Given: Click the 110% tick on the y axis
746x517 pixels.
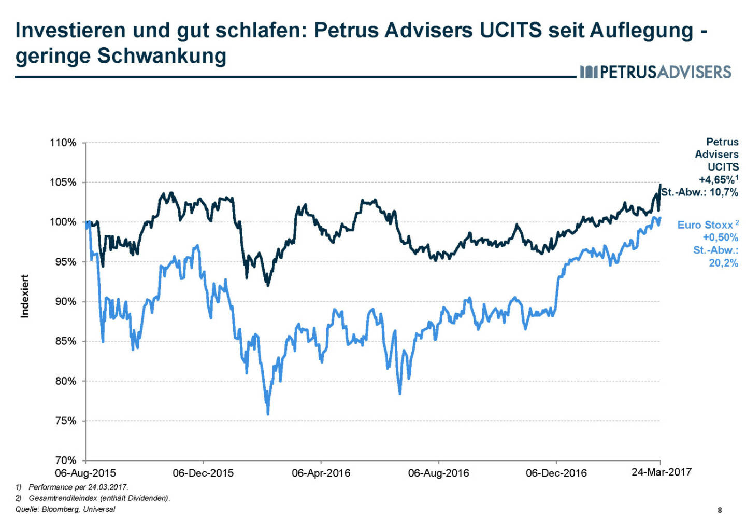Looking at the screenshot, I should [63, 143].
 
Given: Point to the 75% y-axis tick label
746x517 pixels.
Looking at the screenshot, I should [65, 421].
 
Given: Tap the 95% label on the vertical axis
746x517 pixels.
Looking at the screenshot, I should [65, 262].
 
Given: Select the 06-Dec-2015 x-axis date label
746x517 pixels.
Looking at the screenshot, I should [203, 473].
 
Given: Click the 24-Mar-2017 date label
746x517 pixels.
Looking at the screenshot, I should [661, 472].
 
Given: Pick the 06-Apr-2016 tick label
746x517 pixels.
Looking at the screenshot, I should [321, 473].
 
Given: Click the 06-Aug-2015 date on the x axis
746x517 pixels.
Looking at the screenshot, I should [85, 473].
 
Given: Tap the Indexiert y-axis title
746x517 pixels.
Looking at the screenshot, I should [24, 296].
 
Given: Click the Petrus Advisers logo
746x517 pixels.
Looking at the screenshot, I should [655, 72].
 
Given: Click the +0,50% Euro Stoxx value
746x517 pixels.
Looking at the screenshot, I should [720, 237].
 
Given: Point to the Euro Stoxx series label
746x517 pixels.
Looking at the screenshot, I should [705, 225].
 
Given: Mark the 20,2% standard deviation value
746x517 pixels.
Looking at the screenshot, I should [723, 263].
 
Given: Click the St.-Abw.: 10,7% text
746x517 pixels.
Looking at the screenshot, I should [699, 192].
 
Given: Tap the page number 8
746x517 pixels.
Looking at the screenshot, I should [720, 510].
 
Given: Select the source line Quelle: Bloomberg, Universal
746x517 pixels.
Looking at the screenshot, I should [65, 509].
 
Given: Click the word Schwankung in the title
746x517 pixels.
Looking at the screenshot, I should [162, 55].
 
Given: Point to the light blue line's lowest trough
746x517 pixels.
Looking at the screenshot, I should [268, 413].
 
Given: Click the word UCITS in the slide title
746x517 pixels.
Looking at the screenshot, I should [511, 30].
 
